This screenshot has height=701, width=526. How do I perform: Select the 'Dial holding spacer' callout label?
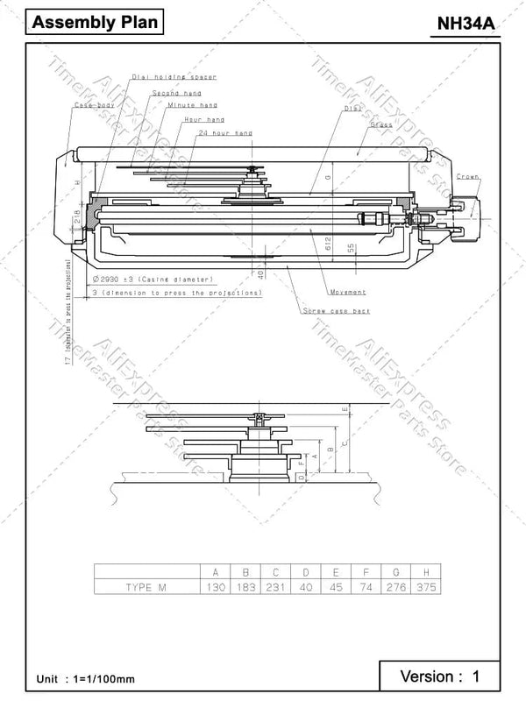pos(173,77)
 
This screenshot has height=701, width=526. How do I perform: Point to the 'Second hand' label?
pos(176,92)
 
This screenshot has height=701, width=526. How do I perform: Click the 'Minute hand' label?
pos(192,105)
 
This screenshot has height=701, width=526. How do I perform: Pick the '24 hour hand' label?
pos(225,132)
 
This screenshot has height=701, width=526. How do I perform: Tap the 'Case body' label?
pos(94,105)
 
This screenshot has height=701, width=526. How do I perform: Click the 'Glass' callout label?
pos(380,125)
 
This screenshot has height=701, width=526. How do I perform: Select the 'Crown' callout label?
pos(466,176)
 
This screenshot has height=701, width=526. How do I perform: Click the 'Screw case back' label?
pos(337,311)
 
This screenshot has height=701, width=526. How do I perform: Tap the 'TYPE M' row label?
pos(145,587)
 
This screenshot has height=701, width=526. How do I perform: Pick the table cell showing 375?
pos(426,587)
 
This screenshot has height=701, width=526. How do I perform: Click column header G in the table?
pos(396,572)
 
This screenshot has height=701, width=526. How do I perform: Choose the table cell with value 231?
pos(276,587)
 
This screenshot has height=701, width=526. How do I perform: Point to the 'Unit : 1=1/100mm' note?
pos(86,679)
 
